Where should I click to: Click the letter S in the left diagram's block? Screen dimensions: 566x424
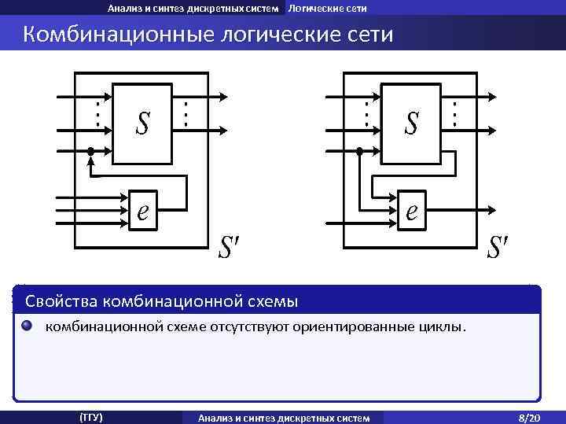(142, 123)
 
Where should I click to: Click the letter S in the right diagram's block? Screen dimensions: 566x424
(412, 123)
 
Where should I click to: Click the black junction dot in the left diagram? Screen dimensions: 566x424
(91, 151)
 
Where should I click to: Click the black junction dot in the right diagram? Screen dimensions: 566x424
(360, 151)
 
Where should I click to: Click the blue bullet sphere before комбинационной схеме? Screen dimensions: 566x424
(28, 326)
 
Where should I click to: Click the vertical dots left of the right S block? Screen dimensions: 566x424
(366, 113)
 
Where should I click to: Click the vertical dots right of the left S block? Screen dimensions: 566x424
(186, 113)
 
